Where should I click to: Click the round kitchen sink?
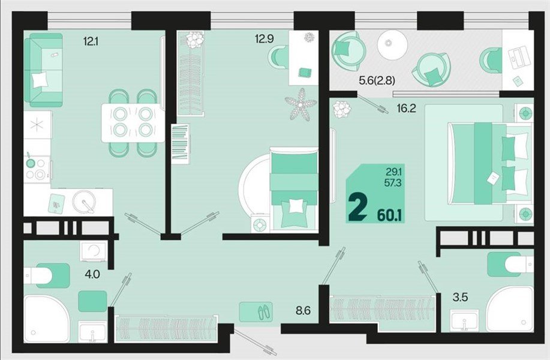coord(84,202)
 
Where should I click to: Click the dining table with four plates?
coord(133,122)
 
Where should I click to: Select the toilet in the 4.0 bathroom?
coord(45,276)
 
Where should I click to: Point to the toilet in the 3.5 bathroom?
coord(509,264)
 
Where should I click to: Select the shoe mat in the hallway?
coord(256,311)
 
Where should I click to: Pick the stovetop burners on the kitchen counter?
coord(36,169)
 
